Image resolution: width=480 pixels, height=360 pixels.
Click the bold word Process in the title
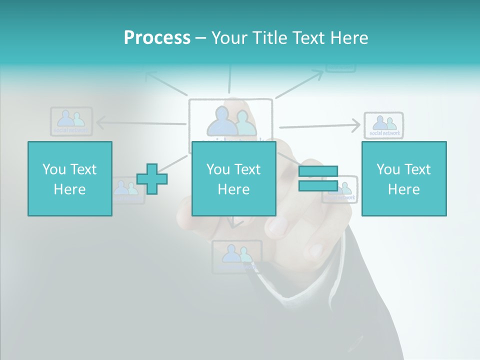coord(157,38)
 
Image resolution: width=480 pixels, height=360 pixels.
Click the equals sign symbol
coord(318,178)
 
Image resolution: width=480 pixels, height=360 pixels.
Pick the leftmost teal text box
coord(70,178)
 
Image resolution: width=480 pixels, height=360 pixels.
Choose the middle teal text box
coord(234,178)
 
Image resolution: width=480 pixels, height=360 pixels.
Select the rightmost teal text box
coord(404,178)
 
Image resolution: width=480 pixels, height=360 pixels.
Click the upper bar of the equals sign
coord(318,171)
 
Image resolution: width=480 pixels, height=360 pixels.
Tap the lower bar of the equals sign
coord(318,185)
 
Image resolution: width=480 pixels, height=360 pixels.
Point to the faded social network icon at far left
coord(71,121)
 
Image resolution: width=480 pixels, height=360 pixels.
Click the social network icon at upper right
coord(383,124)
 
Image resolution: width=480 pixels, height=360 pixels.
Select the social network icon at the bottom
coord(236,256)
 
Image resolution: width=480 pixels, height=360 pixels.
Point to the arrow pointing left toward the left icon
coord(140,123)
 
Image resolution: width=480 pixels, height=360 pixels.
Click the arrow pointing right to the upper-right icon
coord(320,126)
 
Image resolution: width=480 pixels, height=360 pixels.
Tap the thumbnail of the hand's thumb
coord(278,225)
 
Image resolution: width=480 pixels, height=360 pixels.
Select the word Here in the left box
coord(70,189)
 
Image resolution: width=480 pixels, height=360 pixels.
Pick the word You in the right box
coord(387,169)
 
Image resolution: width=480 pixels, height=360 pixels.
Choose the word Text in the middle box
coord(247,169)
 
